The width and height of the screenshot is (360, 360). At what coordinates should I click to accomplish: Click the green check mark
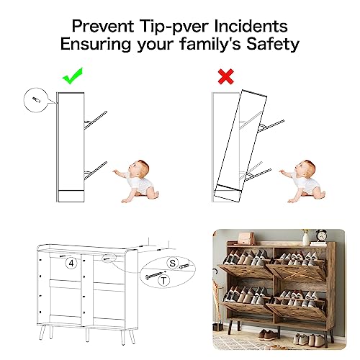pos(73,77)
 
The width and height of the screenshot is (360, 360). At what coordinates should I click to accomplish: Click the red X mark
pos(226,76)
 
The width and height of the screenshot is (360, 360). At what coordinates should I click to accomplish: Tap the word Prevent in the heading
pos(103,26)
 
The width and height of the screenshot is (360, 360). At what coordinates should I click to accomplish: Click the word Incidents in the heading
pos(251,26)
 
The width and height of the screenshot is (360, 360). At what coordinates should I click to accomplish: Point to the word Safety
pos(273,45)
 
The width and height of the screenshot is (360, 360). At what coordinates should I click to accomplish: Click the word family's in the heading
pos(210,44)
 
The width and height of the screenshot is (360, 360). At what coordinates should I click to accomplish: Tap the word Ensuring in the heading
pos(96,45)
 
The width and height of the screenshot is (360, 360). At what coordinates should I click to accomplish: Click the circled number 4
pos(71,264)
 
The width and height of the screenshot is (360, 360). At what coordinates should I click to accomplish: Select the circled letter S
pos(172,263)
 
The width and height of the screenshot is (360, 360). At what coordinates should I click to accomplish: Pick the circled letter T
pos(164,280)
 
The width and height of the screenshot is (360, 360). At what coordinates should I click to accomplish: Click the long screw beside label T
pos(156,274)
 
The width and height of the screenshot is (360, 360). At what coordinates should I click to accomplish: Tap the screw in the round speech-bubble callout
pos(36,99)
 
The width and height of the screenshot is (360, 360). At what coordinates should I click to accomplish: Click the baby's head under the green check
pos(139,169)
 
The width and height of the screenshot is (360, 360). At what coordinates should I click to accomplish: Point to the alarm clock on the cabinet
pos(321,235)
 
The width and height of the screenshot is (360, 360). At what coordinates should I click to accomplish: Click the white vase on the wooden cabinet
pos(306,238)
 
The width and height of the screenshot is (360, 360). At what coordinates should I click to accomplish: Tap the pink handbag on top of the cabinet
pos(246,238)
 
